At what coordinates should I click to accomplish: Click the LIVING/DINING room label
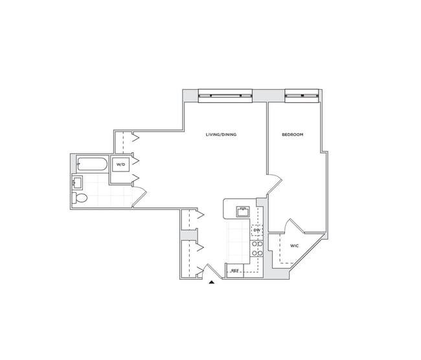click(x=221, y=135)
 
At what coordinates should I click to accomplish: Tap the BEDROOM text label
click(x=293, y=135)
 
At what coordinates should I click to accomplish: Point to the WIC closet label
click(x=294, y=246)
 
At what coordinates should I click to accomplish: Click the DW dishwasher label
click(x=257, y=231)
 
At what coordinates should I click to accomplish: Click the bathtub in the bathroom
click(x=92, y=165)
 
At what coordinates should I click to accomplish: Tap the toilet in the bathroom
click(x=80, y=197)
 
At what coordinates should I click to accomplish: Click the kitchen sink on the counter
click(x=243, y=210)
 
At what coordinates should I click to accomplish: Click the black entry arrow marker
click(x=212, y=282)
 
